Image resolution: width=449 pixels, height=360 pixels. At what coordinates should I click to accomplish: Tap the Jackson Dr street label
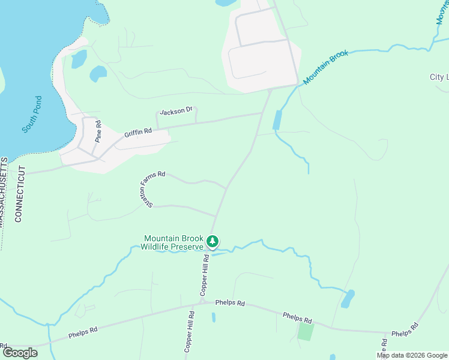[176, 111]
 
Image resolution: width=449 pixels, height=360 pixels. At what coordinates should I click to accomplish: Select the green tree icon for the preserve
[212, 241]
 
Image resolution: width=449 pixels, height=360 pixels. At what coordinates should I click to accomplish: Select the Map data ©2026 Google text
[412, 355]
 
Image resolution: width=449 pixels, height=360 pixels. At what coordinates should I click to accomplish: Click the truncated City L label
[439, 77]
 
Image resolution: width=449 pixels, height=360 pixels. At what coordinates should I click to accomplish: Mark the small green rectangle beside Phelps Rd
[306, 331]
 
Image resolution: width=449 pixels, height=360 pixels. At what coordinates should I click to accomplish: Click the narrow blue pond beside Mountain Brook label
[277, 120]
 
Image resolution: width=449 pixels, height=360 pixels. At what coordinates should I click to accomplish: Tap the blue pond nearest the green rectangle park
[348, 298]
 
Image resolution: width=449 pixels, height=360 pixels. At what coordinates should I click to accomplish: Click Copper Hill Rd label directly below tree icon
[205, 274]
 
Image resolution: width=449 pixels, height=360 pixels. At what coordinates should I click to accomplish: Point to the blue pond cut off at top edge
[226, 2]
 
